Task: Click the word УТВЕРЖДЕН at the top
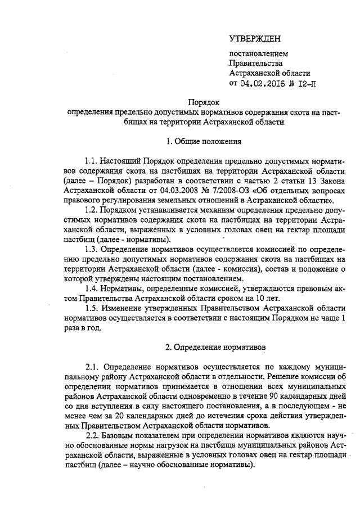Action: (254, 39)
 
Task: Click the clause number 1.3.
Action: (91, 249)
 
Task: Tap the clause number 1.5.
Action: (91, 309)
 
